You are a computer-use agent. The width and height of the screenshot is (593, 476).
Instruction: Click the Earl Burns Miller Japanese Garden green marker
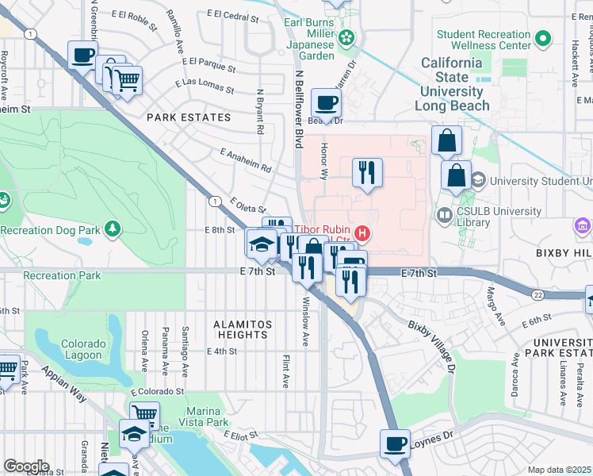coord(346,37)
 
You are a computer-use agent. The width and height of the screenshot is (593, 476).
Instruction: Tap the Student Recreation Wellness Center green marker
coord(543,38)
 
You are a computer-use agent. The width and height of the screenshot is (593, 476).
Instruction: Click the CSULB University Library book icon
coord(444,215)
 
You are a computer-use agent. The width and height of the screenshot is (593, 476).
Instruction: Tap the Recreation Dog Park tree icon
coord(113,229)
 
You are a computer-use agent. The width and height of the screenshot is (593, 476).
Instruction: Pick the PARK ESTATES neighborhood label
coord(189,117)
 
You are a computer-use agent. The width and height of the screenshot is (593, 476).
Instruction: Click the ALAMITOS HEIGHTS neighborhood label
coord(243,329)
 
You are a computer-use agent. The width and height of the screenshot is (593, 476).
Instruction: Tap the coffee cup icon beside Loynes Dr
coord(395,443)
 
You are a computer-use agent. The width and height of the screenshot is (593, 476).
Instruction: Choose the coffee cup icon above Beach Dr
coord(326,102)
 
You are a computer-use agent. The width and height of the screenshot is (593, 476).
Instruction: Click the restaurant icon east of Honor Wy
coord(366,172)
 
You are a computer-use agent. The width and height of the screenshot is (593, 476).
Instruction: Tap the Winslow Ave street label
coord(305,321)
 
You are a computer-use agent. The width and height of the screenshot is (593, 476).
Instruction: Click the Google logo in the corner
coord(26,466)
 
